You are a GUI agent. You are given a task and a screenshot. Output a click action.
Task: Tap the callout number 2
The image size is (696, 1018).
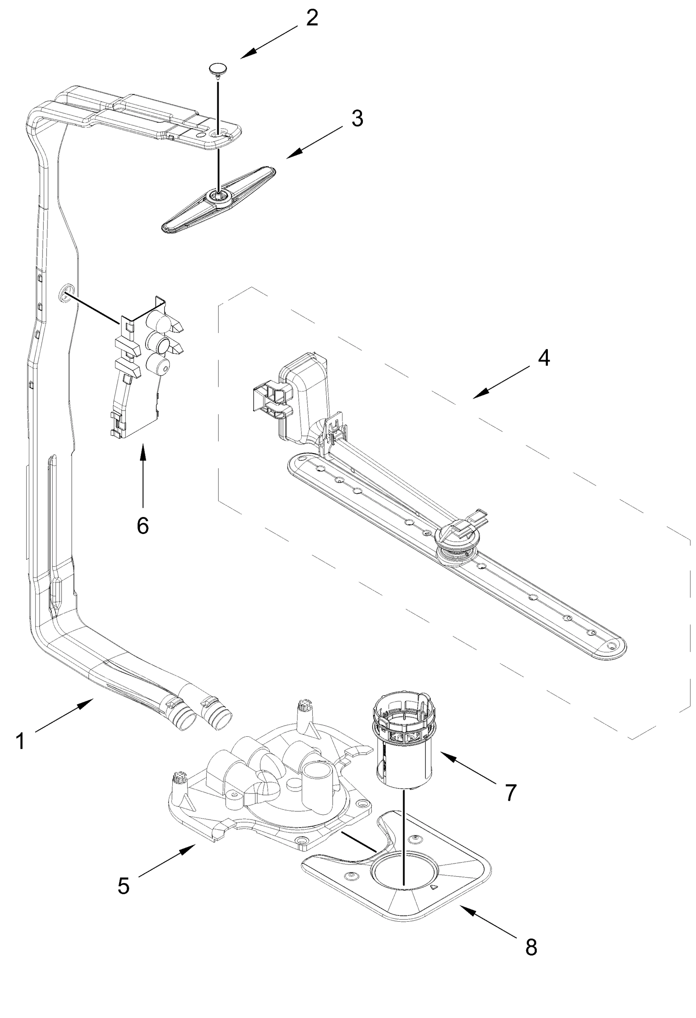(312, 18)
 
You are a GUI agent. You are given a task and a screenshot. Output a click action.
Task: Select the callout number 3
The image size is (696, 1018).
(357, 118)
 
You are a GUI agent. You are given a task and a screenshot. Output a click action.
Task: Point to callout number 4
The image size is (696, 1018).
(544, 358)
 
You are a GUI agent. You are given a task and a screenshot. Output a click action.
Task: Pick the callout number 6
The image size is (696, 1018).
(143, 526)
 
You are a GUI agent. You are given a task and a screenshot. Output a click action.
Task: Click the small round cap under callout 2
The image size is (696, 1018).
(218, 68)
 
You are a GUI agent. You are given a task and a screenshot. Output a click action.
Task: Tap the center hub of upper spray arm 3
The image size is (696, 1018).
(218, 195)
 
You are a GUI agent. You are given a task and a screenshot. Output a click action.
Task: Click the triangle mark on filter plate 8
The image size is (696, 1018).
(434, 887)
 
